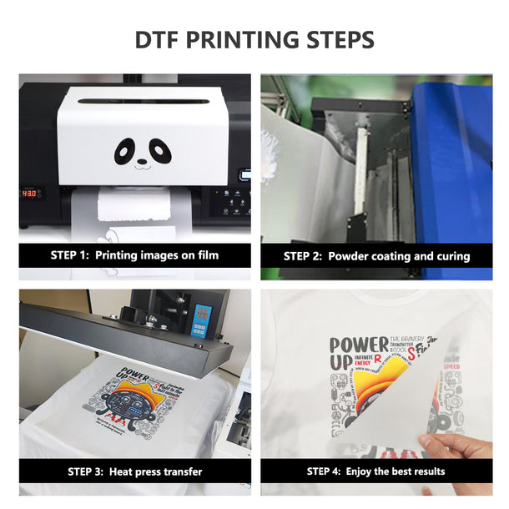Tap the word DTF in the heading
click(157, 39)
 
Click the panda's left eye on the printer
click(126, 151)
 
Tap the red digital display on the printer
click(31, 193)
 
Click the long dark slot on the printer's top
click(141, 102)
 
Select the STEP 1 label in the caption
click(69, 255)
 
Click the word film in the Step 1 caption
click(207, 255)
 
